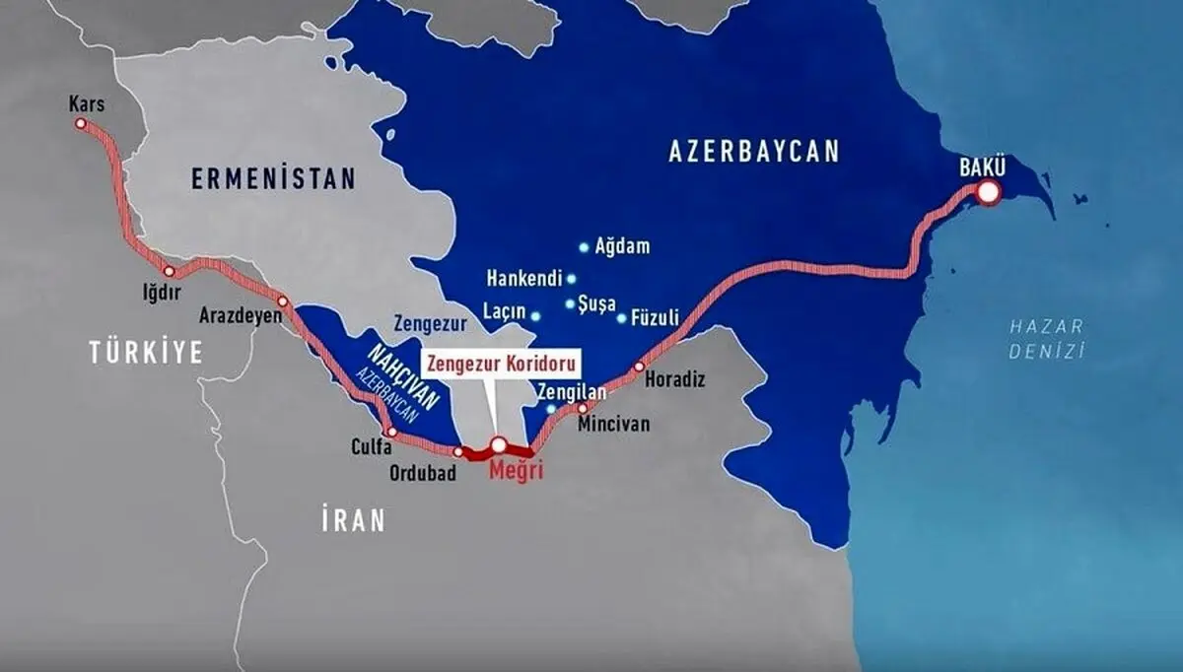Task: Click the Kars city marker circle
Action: (81, 124)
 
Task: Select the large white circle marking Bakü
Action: (988, 194)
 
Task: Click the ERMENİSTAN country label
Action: (273, 178)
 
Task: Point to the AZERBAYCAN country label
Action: (754, 151)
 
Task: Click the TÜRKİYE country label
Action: (146, 352)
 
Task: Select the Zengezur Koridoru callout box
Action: (501, 362)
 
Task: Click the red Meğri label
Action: (516, 471)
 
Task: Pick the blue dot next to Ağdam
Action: (584, 246)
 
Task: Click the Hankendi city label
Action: (523, 279)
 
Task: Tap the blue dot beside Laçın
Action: (535, 316)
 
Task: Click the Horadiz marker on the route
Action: (639, 367)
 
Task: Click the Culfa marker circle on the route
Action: (392, 432)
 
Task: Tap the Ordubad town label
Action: (421, 473)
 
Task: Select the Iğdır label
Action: (162, 292)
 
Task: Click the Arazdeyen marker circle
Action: (283, 301)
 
